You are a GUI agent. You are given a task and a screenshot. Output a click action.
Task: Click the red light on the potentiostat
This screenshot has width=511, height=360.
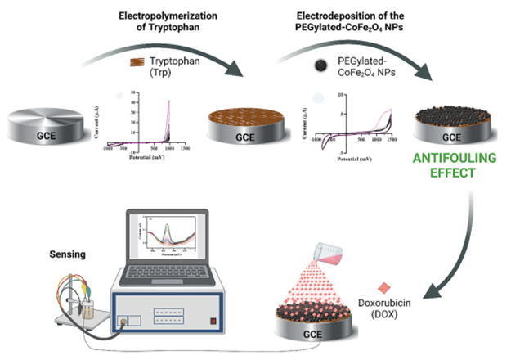pos(216,321)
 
